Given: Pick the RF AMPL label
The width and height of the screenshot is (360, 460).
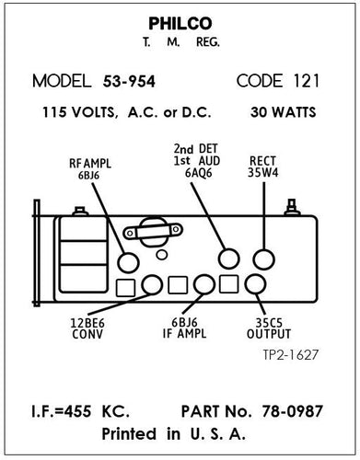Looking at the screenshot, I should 88,163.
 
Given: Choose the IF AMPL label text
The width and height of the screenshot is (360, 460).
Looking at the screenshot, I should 190,335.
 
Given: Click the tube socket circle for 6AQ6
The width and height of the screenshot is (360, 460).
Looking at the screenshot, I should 227,259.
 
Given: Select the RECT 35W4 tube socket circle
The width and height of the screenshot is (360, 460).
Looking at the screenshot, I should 265,259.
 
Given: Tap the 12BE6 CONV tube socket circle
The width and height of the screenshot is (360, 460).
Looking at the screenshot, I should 153,285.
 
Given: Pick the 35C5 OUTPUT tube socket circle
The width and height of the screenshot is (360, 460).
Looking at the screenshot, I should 255,285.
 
